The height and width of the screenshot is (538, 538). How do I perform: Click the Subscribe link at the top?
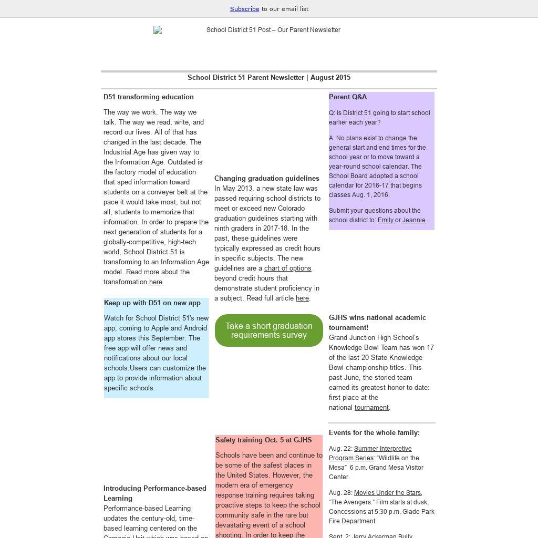click(244, 9)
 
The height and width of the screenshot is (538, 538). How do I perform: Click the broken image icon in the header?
click(158, 30)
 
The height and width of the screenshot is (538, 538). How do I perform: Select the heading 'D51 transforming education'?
click(149, 97)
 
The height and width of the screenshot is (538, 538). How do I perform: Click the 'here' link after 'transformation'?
click(156, 282)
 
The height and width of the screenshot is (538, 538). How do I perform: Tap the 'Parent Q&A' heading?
click(348, 97)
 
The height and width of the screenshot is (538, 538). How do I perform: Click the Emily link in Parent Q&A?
click(386, 220)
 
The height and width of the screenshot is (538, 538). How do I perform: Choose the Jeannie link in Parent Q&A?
click(414, 220)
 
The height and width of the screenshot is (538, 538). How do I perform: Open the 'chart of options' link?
click(287, 268)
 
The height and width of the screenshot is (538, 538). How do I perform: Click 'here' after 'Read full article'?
click(302, 298)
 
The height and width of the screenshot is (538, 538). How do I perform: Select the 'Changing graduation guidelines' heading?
click(267, 179)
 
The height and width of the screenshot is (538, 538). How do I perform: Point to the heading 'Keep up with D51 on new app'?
click(152, 303)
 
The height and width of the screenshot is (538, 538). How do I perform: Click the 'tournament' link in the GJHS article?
click(371, 408)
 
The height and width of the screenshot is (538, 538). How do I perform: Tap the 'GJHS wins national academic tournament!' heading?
click(377, 323)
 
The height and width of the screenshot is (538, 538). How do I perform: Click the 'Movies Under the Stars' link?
click(388, 493)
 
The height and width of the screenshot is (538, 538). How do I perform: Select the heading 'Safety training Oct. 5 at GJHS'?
click(264, 440)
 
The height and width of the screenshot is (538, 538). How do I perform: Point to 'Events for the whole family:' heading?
click(374, 433)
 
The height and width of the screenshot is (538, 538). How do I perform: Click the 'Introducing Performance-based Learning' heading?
click(154, 493)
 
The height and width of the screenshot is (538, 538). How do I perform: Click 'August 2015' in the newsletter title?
click(330, 78)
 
